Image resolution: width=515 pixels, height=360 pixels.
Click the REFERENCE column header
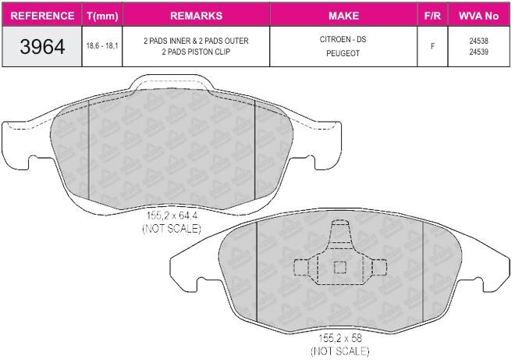(42, 16)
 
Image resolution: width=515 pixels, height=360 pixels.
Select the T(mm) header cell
(102, 16)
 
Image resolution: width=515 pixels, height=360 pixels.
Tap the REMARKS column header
(196, 16)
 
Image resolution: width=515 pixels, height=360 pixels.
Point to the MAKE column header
(343, 16)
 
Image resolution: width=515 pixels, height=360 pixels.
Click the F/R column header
(432, 16)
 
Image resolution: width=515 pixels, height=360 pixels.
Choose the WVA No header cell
(478, 16)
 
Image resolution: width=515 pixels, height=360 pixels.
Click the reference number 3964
(42, 46)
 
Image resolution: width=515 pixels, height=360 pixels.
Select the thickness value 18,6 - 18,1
(102, 46)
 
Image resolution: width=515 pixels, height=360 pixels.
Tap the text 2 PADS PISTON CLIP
(196, 52)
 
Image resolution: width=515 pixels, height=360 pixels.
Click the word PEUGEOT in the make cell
(343, 53)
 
